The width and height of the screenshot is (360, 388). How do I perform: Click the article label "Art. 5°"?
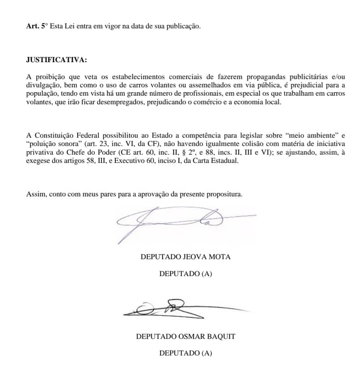coord(37,26)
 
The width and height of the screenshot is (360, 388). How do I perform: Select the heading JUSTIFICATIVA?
coord(57,60)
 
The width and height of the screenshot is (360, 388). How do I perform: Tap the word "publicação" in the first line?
coord(183,26)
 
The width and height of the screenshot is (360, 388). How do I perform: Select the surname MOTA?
coord(221,257)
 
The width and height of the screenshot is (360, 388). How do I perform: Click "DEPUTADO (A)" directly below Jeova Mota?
coord(185,274)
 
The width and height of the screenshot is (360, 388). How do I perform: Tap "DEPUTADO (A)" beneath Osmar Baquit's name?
coord(185,353)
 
